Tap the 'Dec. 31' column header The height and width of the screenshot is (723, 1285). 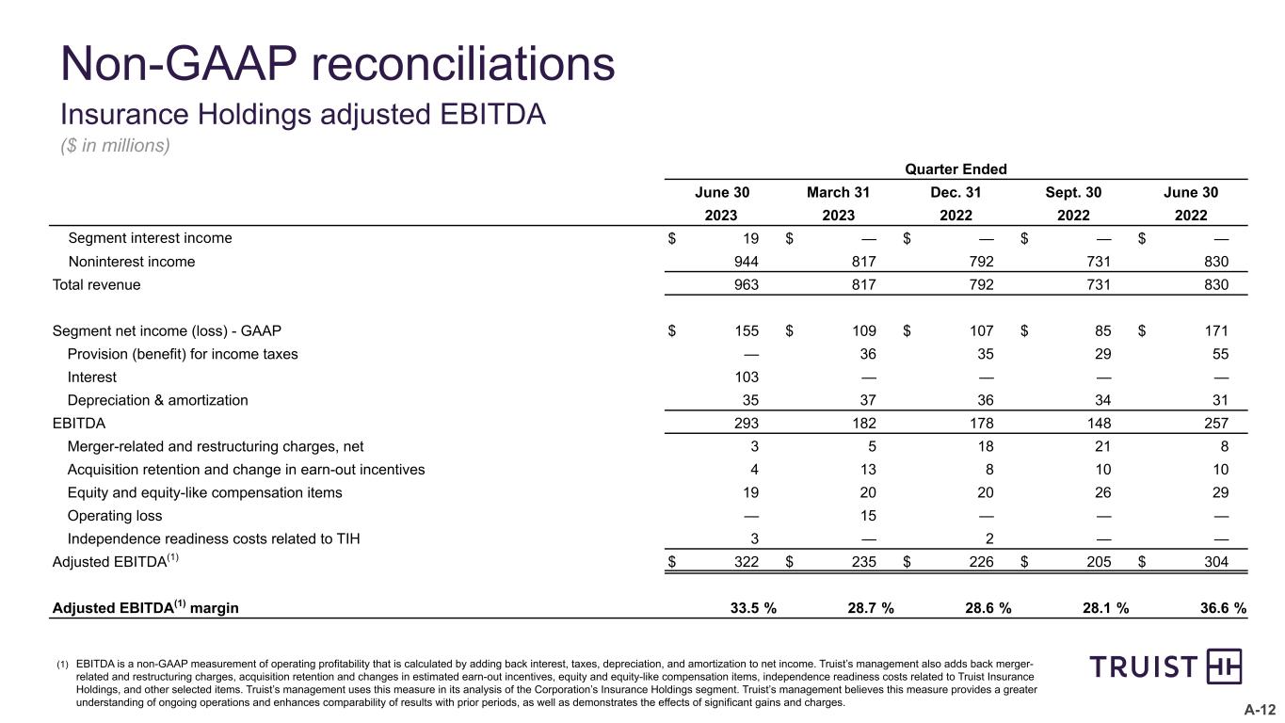tap(956, 193)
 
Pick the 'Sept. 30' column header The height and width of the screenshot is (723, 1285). tap(1073, 193)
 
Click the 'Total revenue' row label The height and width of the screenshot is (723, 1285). tap(96, 283)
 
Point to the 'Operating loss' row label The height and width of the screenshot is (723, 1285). tap(115, 516)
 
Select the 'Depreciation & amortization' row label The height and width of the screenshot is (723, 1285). tap(158, 400)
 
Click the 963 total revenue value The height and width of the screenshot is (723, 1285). tap(747, 283)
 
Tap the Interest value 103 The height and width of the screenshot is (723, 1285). tap(747, 378)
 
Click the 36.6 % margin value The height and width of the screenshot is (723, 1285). tap(1222, 608)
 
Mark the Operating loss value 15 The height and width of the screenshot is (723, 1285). tap(868, 516)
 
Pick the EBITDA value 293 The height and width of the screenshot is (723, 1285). tap(747, 424)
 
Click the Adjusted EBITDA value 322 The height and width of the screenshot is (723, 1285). tap(747, 562)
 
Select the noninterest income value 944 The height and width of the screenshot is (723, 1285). tap(747, 262)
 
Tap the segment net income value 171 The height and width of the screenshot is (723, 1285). tap(1217, 331)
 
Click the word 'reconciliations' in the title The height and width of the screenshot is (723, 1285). tap(462, 64)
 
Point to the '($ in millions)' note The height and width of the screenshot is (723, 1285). tap(115, 146)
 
